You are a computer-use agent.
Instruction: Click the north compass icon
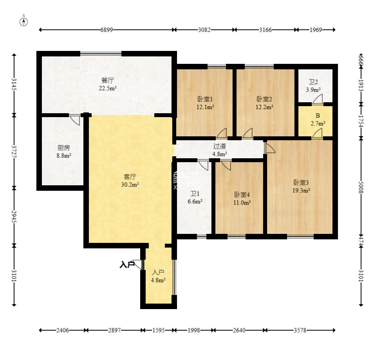pos(23,21)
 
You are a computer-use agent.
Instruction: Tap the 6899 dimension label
pos(107,30)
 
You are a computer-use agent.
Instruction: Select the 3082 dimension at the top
pos(204,30)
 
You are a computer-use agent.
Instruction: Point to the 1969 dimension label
pos(316,30)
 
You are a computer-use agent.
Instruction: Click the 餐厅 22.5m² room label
pos(108,84)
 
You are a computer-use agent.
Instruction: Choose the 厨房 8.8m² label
pos(64,152)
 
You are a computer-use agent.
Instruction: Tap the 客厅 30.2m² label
pos(130,181)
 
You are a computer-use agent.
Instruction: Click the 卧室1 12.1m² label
pos(205,103)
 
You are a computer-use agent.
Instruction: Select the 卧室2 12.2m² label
pos(264,103)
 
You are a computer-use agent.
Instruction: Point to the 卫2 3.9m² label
pos(313,86)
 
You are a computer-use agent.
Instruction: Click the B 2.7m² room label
pos(318,119)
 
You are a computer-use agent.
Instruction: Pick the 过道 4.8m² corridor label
pos(220,150)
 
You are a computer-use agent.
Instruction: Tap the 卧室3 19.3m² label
pos(301,186)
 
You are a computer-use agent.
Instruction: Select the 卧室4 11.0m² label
pos(242,199)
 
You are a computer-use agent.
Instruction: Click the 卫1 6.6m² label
pos(195,197)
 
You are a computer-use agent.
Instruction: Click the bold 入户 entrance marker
pos(127,264)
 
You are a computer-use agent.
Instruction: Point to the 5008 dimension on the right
pos(361,188)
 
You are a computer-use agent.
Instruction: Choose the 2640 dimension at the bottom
pos(239,330)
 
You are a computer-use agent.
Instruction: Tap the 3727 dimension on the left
pos(14,152)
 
